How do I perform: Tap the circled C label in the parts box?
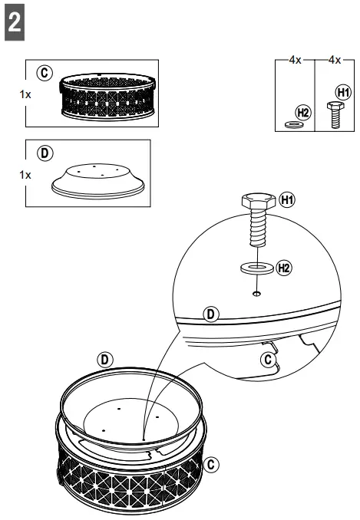click(x=45, y=73)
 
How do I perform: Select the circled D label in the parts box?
click(x=45, y=152)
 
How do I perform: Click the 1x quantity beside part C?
click(x=25, y=96)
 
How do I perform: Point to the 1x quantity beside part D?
click(x=25, y=174)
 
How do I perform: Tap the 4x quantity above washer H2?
click(x=296, y=60)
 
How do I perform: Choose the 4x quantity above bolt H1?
click(x=333, y=60)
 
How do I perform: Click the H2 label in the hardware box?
click(x=302, y=112)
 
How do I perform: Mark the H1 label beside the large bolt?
click(x=287, y=200)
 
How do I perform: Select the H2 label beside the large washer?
click(x=283, y=267)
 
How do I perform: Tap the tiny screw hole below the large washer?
click(x=255, y=292)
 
